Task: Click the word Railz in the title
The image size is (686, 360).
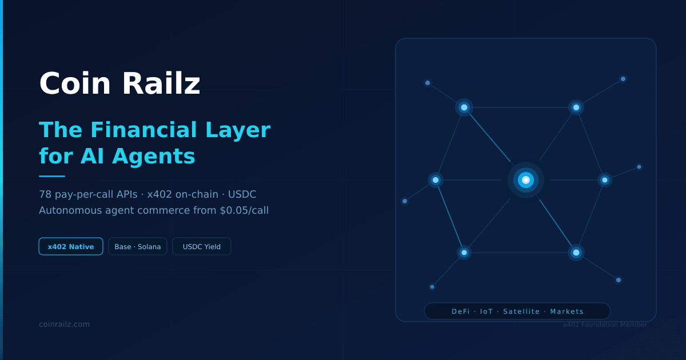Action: (161, 83)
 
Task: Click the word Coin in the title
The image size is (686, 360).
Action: (75, 83)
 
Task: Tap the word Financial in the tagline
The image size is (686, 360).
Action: (143, 130)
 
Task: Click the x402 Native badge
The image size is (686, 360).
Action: (71, 246)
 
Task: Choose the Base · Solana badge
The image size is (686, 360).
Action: (138, 246)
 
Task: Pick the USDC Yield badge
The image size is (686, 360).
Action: (201, 246)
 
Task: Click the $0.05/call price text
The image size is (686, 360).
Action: (244, 210)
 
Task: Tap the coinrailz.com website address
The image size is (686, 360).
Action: (64, 324)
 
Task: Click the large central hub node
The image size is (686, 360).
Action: (526, 180)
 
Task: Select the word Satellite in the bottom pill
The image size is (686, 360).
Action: (521, 311)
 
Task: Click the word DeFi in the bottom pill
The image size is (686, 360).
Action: (461, 311)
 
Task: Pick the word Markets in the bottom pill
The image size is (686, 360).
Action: (567, 311)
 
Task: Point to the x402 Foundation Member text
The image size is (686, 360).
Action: (605, 325)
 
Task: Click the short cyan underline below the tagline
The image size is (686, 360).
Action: (52, 177)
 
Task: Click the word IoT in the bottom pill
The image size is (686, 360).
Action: (486, 311)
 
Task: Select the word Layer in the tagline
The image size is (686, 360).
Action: (238, 130)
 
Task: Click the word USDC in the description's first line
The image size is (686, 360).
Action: (242, 194)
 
